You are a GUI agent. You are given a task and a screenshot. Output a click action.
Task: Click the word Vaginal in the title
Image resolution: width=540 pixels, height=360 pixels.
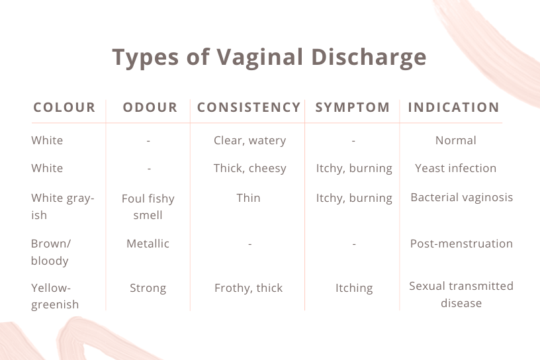(259, 58)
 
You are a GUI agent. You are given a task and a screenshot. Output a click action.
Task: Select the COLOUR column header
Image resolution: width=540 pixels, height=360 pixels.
(64, 107)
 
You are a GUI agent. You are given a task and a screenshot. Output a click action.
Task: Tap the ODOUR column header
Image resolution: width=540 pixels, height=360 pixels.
(150, 107)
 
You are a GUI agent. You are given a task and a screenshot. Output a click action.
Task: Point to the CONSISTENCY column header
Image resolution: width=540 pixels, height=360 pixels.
(249, 107)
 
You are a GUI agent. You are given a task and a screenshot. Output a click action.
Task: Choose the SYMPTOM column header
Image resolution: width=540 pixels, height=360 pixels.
(353, 107)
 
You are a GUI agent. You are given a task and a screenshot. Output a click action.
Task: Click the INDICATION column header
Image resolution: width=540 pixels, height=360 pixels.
(454, 107)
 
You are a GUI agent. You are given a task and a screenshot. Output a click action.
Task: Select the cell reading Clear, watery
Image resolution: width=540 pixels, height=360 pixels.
(249, 140)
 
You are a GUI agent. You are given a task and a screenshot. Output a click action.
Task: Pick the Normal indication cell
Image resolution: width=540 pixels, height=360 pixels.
(455, 140)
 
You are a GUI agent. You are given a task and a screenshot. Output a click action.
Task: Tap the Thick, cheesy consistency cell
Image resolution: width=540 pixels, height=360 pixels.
(249, 169)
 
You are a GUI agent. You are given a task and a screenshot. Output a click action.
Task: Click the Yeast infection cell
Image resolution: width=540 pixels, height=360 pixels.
(455, 168)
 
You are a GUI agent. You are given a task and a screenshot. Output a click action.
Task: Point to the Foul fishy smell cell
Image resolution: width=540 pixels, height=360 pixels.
(148, 206)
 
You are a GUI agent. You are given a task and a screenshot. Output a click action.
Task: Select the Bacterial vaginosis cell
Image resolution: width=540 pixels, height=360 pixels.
(462, 197)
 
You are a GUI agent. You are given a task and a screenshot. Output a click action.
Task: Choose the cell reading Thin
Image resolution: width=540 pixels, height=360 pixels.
(248, 198)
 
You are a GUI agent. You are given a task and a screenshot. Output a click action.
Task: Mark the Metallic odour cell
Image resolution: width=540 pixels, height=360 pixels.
(148, 244)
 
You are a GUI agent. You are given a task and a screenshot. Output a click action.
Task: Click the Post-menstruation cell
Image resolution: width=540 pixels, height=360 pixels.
(461, 244)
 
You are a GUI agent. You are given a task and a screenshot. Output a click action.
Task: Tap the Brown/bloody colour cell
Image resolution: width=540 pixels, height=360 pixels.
(51, 252)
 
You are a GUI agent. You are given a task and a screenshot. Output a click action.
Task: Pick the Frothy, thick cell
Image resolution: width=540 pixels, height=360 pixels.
(248, 288)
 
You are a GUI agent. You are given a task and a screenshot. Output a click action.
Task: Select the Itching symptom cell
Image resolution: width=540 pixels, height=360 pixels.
(354, 288)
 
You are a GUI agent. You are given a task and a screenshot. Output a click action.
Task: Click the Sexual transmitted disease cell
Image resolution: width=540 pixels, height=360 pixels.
(461, 294)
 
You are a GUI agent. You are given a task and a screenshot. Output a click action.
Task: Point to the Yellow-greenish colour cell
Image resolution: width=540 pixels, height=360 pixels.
(55, 296)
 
